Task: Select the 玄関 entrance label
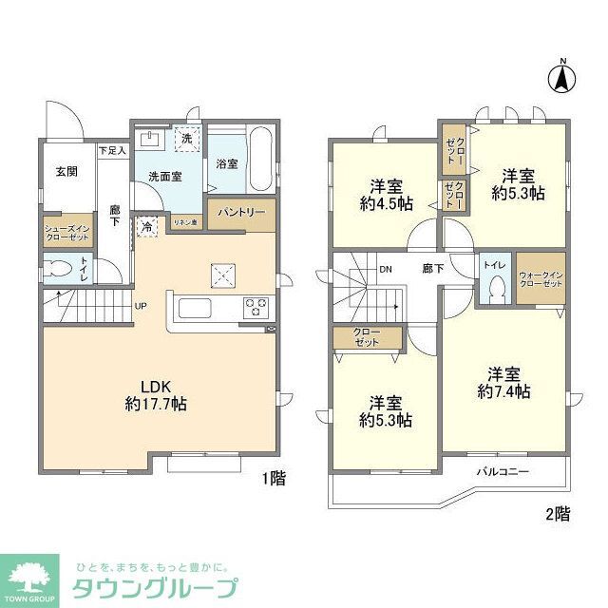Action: click(66, 171)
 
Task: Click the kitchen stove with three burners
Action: click(256, 307)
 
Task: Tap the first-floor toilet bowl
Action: click(60, 268)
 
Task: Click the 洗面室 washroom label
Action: click(165, 176)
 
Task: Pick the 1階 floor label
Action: click(274, 480)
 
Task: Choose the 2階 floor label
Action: click(558, 514)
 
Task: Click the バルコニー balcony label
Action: click(503, 471)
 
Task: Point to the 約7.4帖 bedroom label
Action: click(503, 383)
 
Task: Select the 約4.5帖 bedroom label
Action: click(387, 194)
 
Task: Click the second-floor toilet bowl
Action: click(494, 290)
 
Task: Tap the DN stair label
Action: click(387, 270)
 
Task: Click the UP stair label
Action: click(140, 307)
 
